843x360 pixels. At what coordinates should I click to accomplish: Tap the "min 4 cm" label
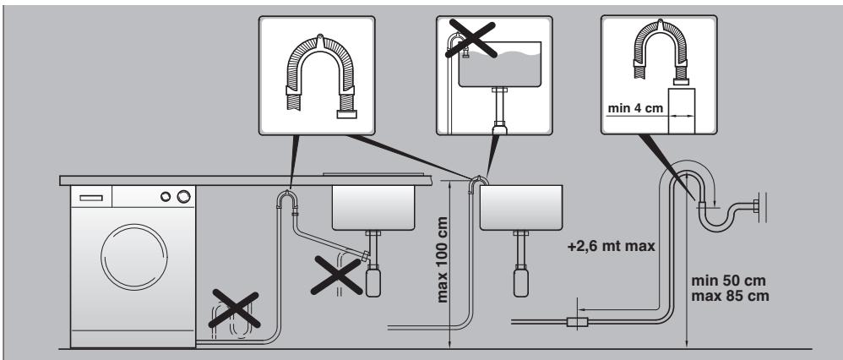point(632,107)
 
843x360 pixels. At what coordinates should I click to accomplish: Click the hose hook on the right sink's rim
point(479,180)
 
